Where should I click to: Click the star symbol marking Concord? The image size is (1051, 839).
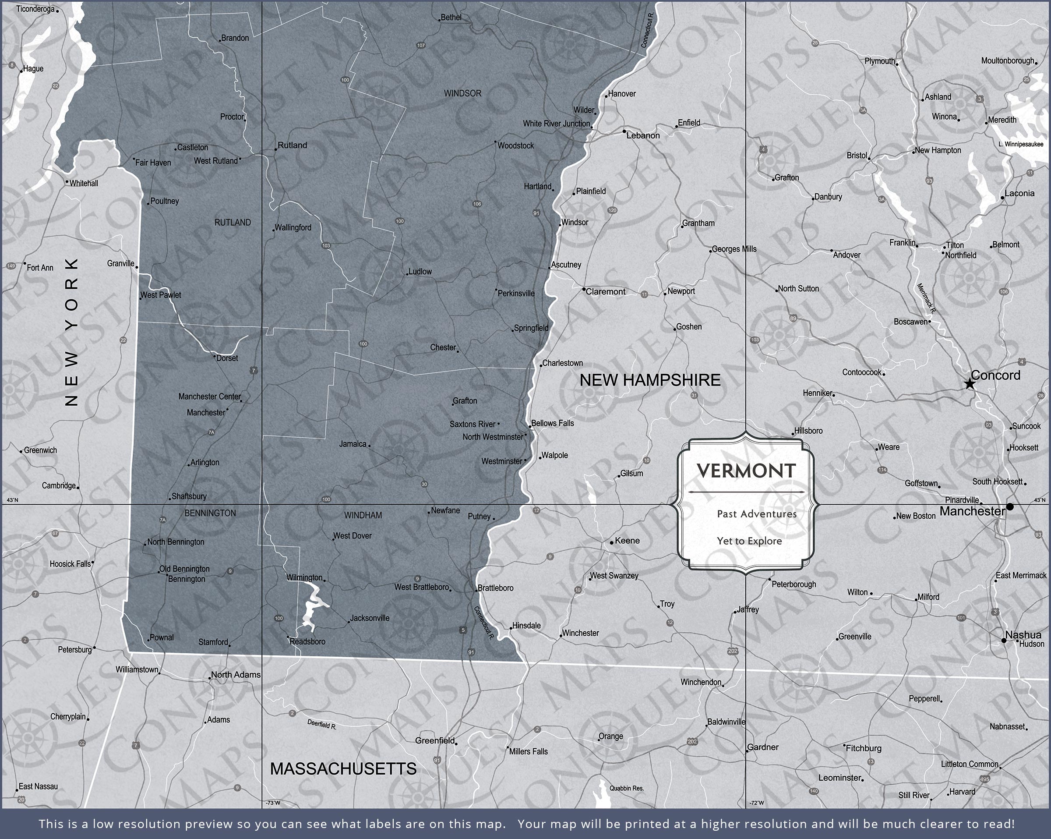pos(970,384)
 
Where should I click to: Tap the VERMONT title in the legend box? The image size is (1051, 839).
pos(746,471)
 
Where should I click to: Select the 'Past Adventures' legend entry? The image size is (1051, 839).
pos(757,513)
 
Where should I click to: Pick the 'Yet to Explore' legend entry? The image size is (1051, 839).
pos(749,541)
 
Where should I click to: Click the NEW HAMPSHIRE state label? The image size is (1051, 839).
pos(650,380)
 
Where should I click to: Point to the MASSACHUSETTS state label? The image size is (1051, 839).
pos(343,769)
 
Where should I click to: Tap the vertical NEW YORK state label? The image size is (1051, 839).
pos(72,332)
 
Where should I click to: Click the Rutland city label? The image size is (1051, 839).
pos(292,145)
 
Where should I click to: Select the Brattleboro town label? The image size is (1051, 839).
pos(495,588)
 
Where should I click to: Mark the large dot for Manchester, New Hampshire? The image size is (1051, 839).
pos(1010,507)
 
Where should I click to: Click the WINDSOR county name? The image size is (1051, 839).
pos(462,93)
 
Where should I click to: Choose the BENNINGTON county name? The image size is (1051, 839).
pos(210,513)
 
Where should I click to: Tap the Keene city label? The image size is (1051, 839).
pos(627,541)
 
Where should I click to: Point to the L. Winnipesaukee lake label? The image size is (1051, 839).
pos(1021,144)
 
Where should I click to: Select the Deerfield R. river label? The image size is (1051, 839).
pos(322,725)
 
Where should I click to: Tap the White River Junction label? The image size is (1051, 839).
pos(556,124)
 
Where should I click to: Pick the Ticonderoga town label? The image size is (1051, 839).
pos(35,9)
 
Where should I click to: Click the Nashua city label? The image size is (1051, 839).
pos(1023,634)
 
